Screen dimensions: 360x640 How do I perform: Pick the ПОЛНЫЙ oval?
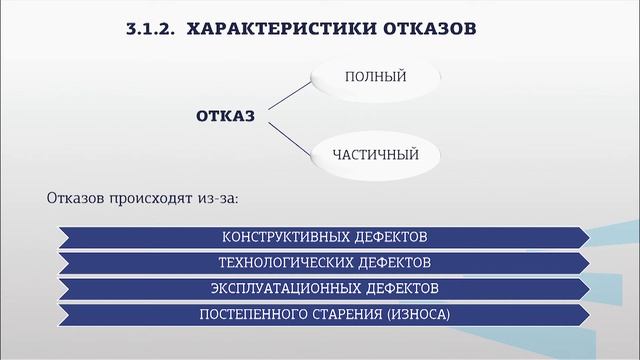tap(375, 76)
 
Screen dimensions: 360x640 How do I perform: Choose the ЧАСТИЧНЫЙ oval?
tap(375, 155)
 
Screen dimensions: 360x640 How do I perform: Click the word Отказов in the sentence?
tap(75, 198)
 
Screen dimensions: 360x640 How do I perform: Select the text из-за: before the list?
tap(217, 198)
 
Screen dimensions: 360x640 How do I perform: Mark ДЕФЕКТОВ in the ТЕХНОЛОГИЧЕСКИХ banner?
tap(394, 264)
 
